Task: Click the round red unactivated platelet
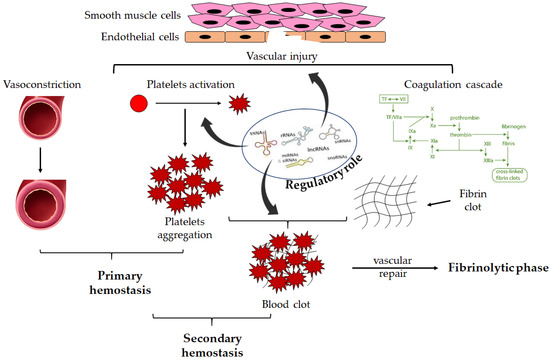click(140, 105)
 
